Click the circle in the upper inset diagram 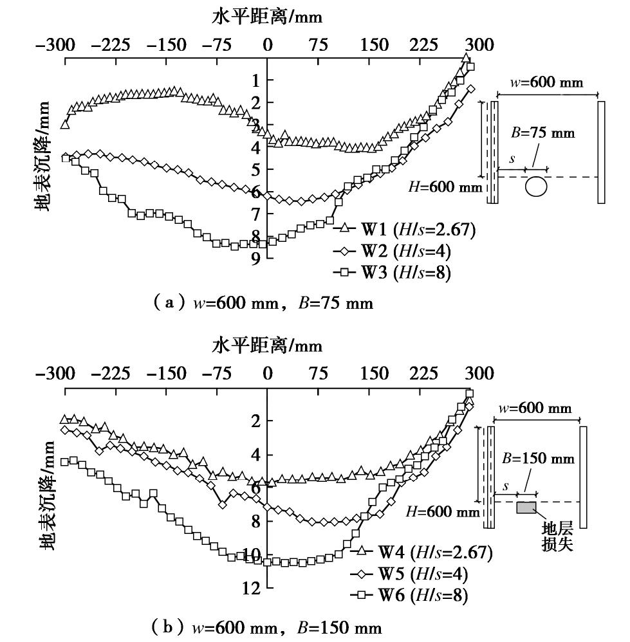pos(536,187)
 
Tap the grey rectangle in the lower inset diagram pos(526,508)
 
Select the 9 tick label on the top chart pos(255,258)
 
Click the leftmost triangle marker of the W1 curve pos(64,124)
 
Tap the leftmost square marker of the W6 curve pos(64,462)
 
